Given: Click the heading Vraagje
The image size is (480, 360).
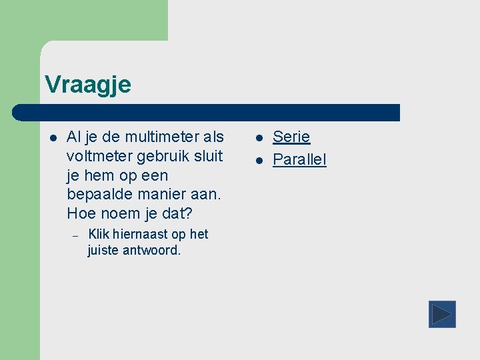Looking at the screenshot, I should tap(87, 85).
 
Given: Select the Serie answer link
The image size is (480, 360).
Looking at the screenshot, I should tap(291, 137).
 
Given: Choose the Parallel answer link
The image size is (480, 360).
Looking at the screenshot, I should tap(299, 161).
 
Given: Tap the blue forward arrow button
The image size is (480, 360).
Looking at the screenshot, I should tap(441, 314).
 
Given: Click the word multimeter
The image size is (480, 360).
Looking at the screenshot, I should tap(161, 137).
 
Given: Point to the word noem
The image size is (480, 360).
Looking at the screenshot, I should tap(117, 215).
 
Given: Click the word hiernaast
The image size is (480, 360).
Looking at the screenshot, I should tap(140, 235).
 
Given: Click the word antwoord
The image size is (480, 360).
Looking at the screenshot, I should tap(152, 251).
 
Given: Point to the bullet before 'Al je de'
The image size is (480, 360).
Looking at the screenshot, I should tap(53, 138).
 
